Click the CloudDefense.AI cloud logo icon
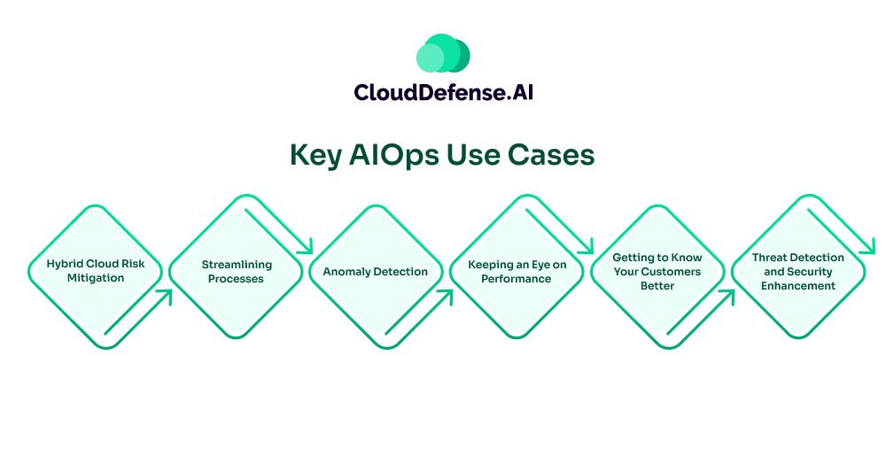(x=443, y=54)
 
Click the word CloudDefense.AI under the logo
(x=443, y=92)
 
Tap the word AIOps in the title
(x=384, y=155)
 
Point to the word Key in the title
(x=315, y=155)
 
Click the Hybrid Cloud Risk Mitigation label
(x=96, y=271)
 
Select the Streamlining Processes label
(x=237, y=271)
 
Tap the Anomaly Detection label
(x=375, y=272)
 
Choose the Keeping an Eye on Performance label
(x=517, y=271)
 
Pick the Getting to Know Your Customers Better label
(x=657, y=271)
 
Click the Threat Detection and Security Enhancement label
(x=798, y=271)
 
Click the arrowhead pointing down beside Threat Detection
(x=870, y=248)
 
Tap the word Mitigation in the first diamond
(x=96, y=278)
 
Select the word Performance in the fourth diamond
(x=517, y=279)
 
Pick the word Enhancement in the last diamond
(x=798, y=286)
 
